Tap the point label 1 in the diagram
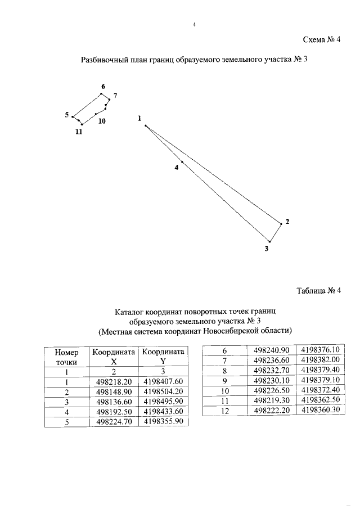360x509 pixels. pos(139,118)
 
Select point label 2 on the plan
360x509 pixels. pos(287,221)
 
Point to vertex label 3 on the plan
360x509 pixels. pos(267,248)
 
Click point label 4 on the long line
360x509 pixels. pos(176,167)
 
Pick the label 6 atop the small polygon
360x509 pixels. pos(103,86)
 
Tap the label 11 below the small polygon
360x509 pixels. pos(79,132)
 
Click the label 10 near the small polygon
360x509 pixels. pos(101,120)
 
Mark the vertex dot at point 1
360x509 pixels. pos(146,126)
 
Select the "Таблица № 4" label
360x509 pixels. pos(319,291)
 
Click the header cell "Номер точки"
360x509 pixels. pos(66,357)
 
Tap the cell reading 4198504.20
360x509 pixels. pos(163,391)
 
